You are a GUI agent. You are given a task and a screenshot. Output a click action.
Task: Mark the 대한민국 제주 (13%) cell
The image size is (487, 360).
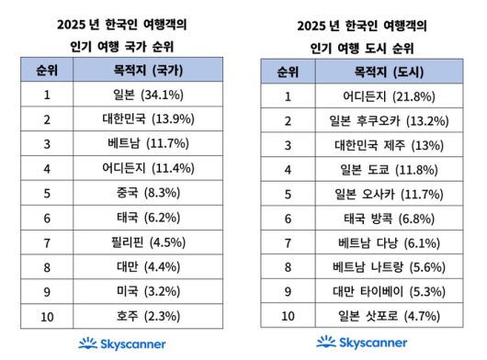378,145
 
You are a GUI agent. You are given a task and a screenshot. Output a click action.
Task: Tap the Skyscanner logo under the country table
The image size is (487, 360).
120,343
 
